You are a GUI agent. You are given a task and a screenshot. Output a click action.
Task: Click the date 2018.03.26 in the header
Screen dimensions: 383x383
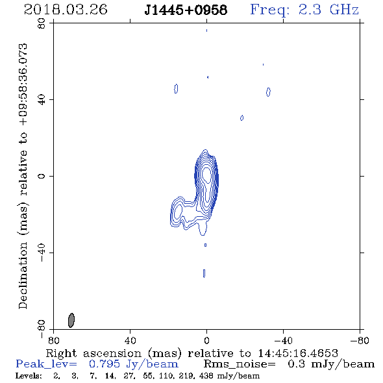(x=66, y=10)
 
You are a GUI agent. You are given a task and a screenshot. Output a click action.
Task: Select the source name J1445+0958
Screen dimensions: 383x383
(x=186, y=10)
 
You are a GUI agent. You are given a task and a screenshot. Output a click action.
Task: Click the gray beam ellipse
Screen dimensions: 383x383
(x=71, y=320)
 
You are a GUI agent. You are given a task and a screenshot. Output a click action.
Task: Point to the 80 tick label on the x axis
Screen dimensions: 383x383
(x=53, y=341)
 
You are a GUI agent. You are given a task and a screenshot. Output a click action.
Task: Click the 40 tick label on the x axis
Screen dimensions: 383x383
(x=130, y=341)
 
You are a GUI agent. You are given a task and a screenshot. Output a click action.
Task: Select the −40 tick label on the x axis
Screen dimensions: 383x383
(x=283, y=341)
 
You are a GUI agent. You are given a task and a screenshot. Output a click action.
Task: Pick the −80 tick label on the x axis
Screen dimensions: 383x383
(x=360, y=341)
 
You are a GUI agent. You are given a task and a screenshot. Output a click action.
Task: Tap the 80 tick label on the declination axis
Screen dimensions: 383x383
(x=42, y=23)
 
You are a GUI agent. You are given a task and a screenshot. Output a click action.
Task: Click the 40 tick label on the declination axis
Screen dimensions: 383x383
(x=42, y=100)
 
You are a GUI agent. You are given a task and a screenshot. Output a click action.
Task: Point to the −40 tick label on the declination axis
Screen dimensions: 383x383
(x=42, y=253)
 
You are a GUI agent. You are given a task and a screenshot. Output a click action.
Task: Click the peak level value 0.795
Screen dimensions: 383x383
(x=105, y=364)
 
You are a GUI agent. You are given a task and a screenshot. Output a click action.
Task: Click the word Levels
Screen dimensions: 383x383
(x=29, y=375)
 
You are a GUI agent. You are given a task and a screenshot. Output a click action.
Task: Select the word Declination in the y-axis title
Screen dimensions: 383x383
(x=23, y=276)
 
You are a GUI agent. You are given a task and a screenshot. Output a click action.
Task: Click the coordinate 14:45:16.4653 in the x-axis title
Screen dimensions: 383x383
(x=298, y=353)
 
